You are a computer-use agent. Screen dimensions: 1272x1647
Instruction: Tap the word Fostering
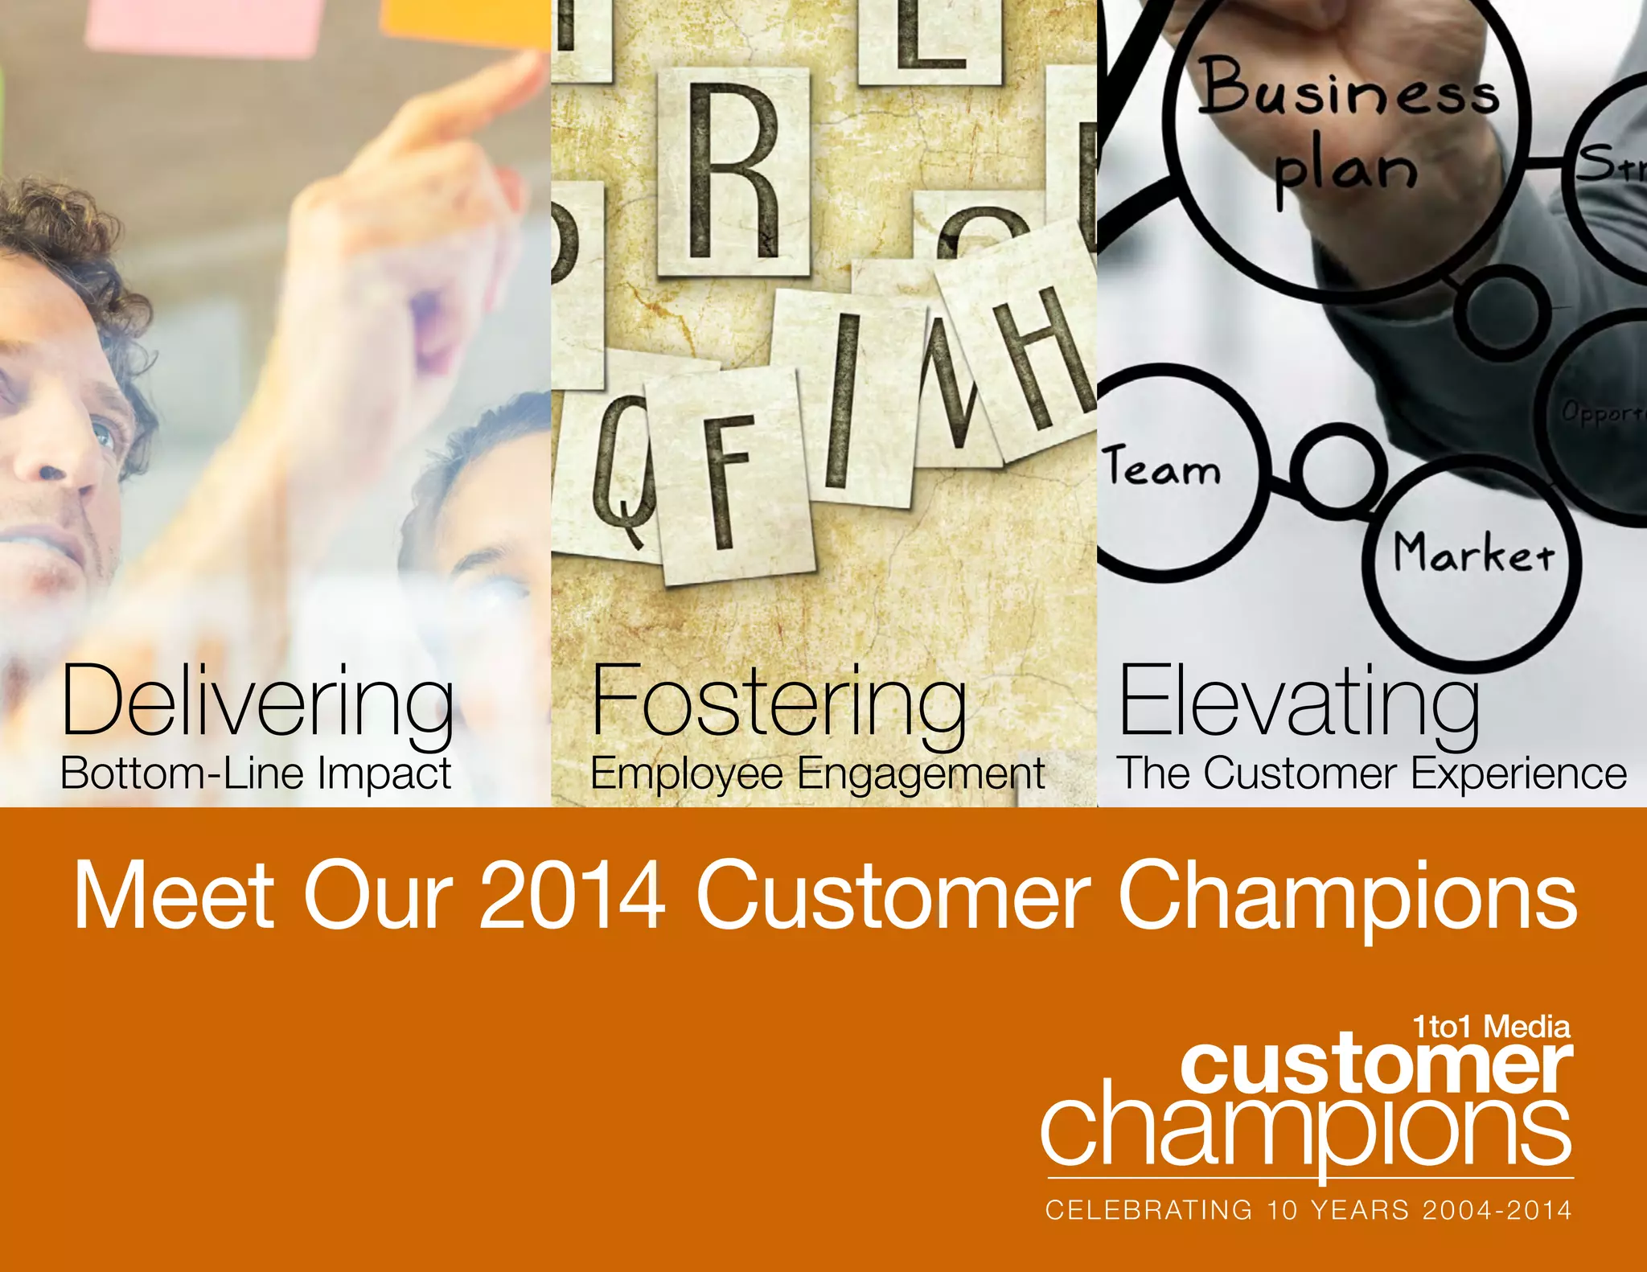(778, 700)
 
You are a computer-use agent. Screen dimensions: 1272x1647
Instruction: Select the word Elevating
(1299, 700)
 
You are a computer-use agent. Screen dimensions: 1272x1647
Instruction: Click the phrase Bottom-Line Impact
(256, 773)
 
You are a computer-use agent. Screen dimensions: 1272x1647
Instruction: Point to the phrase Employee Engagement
(817, 773)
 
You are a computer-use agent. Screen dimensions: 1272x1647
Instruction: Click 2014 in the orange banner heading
(572, 895)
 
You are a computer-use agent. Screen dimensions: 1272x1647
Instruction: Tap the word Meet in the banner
(174, 895)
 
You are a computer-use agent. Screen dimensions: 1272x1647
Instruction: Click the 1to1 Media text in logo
(1491, 1027)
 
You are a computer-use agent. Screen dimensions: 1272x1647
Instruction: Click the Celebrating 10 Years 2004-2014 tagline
(1308, 1210)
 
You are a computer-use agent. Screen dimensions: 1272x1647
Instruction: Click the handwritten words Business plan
(1349, 129)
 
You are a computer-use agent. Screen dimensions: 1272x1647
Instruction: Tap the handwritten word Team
(1162, 469)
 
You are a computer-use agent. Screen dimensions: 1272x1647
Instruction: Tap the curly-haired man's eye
(103, 435)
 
